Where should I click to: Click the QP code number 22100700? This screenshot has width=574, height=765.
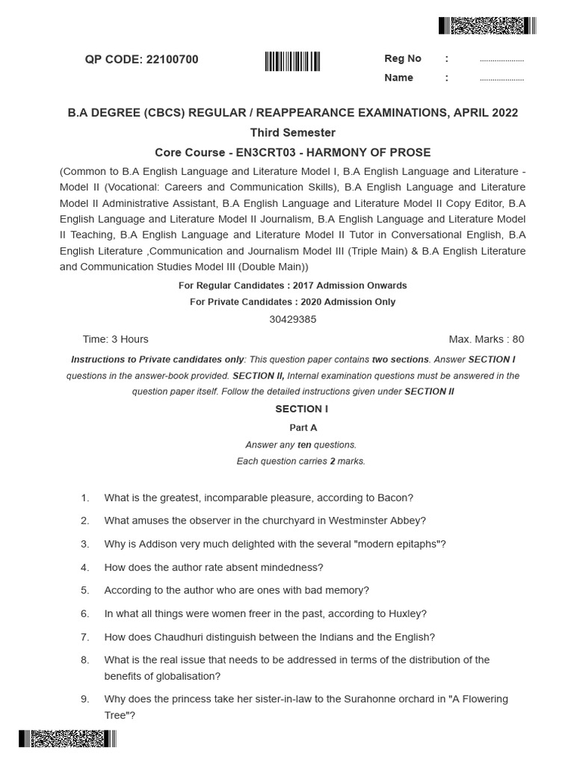click(171, 60)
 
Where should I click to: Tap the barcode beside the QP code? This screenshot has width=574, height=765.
click(292, 61)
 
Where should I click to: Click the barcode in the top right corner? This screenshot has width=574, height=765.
click(487, 26)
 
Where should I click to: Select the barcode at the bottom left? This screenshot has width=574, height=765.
click(68, 739)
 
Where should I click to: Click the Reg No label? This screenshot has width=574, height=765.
click(403, 58)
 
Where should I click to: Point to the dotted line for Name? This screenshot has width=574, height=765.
click(501, 78)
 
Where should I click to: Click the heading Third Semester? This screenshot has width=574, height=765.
click(292, 132)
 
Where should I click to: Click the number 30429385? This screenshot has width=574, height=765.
click(292, 319)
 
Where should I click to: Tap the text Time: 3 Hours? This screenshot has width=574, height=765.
click(115, 339)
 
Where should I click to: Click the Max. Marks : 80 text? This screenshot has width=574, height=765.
click(486, 339)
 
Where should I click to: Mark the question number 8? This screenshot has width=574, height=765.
click(85, 660)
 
